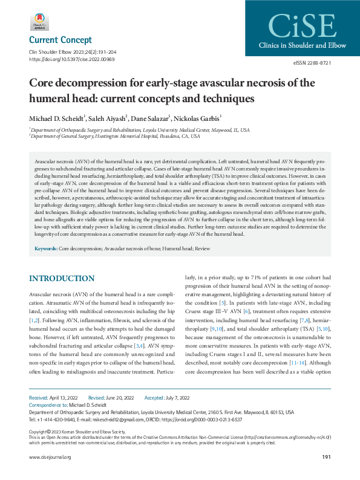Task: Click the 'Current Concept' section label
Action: coord(61,41)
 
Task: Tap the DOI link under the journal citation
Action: coord(72,60)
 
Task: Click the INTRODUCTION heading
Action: coord(62,278)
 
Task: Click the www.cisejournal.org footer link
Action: coord(50,457)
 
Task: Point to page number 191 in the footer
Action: coord(326,457)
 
